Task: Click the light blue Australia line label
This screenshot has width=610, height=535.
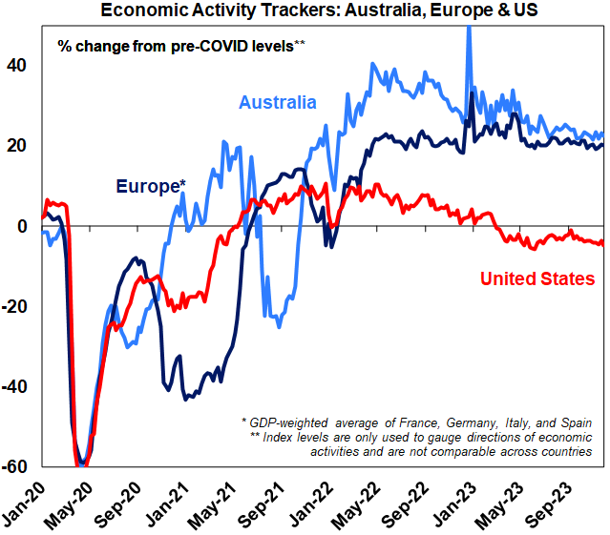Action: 278,102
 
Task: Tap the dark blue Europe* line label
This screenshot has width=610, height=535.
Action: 150,187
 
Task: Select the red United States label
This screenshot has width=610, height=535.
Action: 537,278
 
